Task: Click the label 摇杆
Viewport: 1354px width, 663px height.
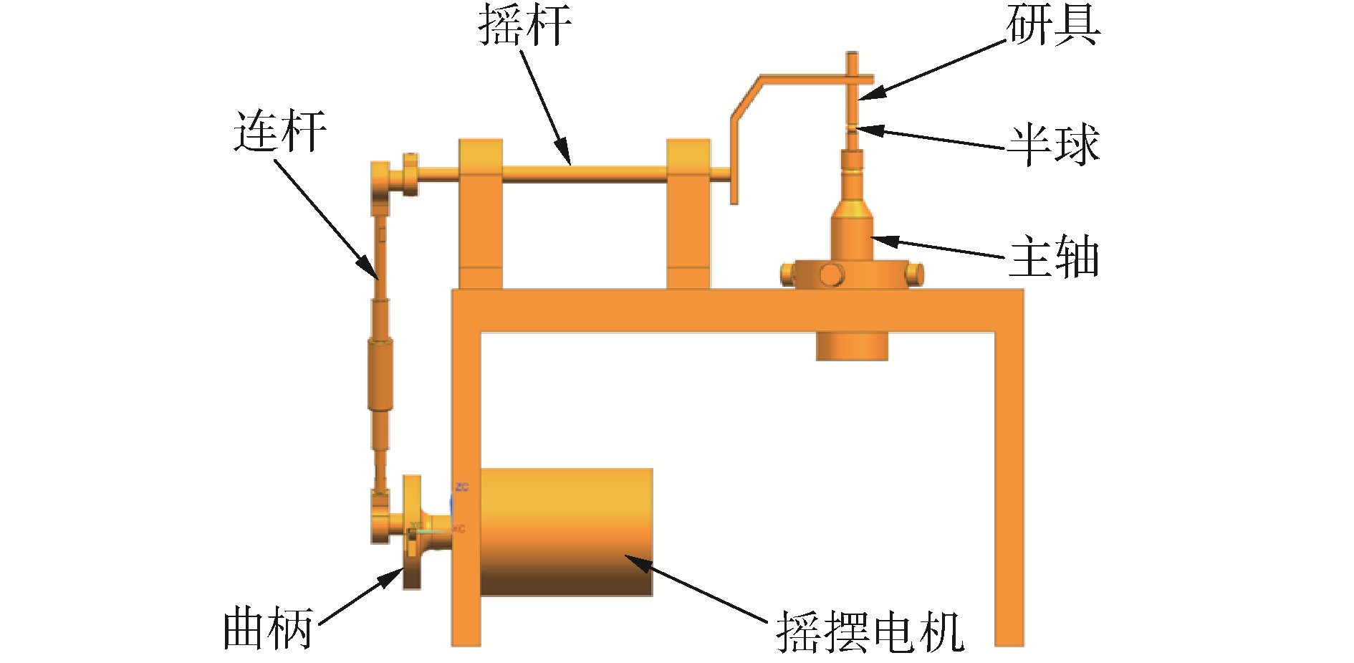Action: [x=524, y=26]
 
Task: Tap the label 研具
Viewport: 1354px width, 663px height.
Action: [x=1052, y=26]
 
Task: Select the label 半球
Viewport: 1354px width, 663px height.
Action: [x=1052, y=145]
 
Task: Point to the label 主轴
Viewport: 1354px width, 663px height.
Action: [x=1052, y=257]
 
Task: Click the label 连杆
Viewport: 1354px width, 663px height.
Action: [x=279, y=131]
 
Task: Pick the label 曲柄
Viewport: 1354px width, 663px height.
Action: [x=268, y=629]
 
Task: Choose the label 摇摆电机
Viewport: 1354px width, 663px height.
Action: [x=870, y=632]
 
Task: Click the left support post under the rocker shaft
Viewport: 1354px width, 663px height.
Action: [x=480, y=215]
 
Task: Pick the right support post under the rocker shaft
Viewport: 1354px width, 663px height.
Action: [x=688, y=215]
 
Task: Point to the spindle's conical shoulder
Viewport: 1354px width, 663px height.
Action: [x=851, y=209]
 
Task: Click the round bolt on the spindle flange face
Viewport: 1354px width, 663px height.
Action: [x=831, y=275]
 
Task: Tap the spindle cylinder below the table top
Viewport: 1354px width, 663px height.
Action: [x=852, y=345]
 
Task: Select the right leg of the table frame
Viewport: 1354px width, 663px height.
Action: [x=1009, y=487]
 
